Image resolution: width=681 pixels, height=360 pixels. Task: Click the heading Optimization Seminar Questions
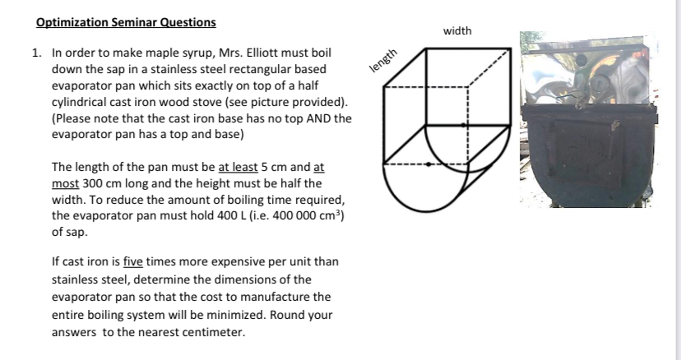point(126,22)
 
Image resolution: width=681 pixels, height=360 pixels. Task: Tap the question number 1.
point(36,53)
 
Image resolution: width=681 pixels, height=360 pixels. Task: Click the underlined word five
point(133,262)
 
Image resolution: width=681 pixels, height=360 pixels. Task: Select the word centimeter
point(204,332)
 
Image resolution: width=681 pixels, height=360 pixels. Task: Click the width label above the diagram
point(457,30)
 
